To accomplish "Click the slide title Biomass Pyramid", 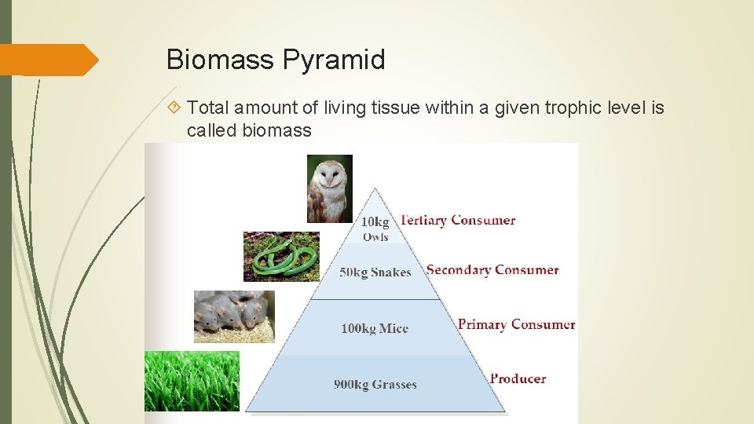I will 276,60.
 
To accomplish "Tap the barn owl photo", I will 329,188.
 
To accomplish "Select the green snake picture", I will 281,256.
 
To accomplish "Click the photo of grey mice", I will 234,316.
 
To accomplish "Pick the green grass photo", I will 192,381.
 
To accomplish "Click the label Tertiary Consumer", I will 458,220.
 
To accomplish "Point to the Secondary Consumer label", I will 492,269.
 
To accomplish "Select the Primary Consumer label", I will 516,324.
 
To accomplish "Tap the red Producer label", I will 518,378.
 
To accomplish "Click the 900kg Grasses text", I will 375,384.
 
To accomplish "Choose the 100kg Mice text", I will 374,328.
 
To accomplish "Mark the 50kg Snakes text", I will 375,272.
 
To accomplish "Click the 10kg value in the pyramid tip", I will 375,222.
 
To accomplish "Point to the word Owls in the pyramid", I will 375,237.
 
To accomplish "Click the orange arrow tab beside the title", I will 49,60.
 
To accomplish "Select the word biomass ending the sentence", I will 276,130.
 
